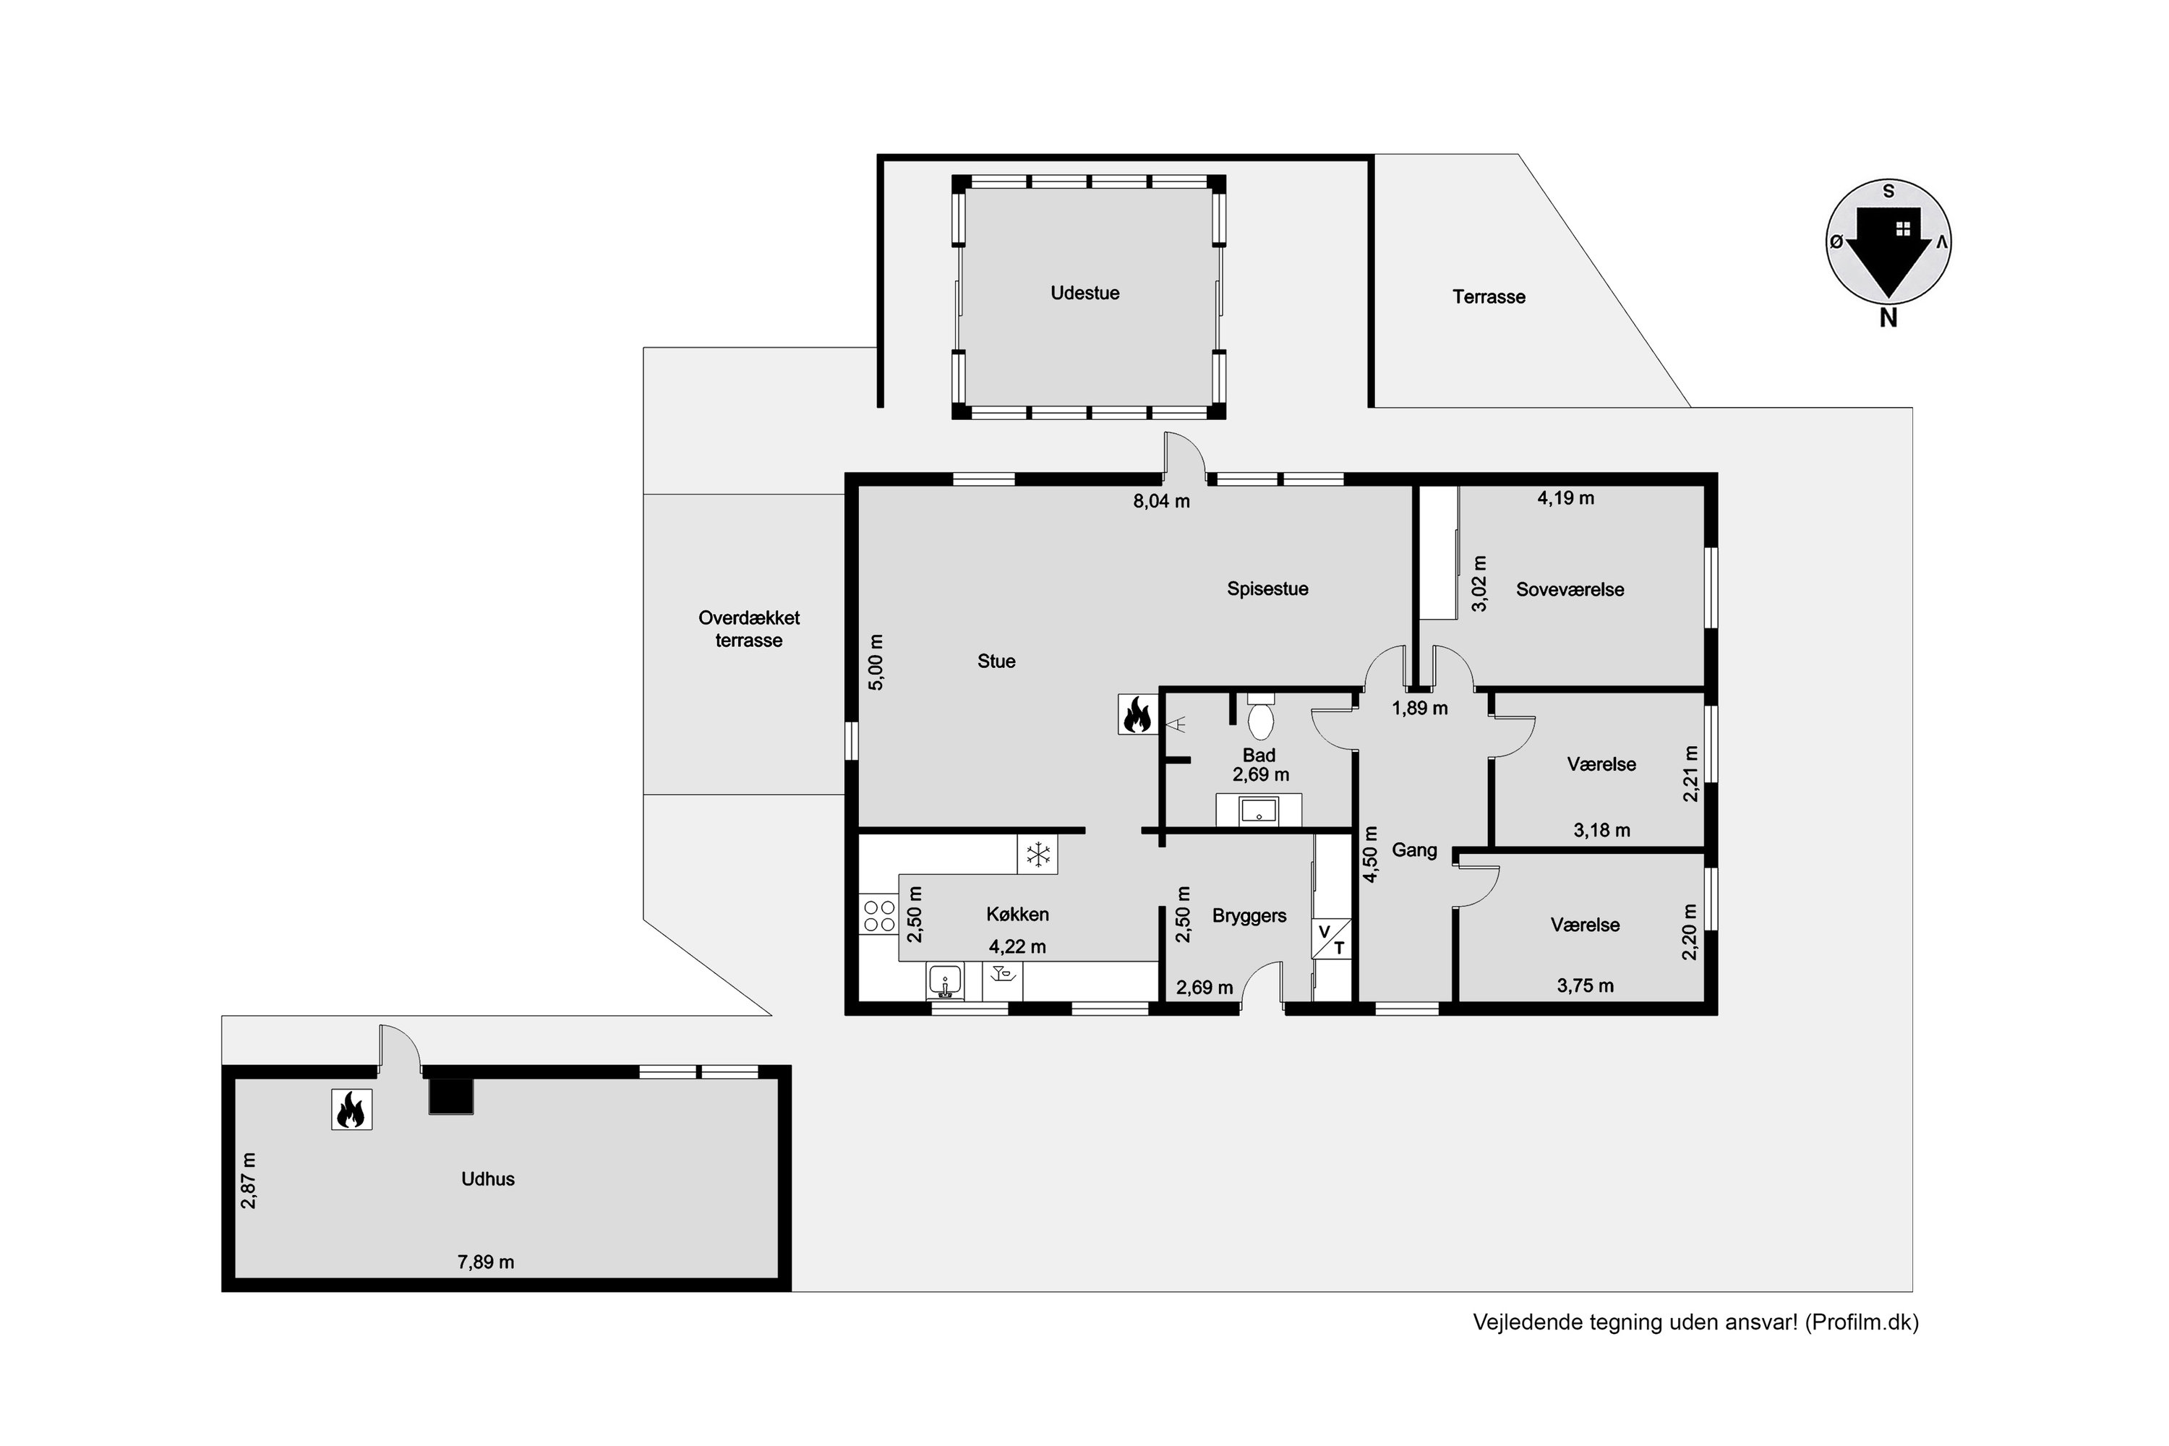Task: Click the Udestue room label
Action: [1084, 294]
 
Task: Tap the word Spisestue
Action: [1267, 589]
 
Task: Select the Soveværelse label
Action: [1570, 590]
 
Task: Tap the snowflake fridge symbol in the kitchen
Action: [1038, 854]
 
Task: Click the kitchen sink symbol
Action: [944, 981]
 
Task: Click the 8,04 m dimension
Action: [1161, 502]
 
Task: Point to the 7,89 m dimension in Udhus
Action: [486, 1262]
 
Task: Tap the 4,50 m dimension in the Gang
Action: [1370, 854]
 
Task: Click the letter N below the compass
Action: [1888, 318]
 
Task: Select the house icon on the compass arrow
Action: [1902, 228]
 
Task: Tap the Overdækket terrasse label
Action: [749, 629]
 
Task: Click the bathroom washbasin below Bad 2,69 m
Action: [1258, 810]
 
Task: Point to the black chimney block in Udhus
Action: [451, 1095]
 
